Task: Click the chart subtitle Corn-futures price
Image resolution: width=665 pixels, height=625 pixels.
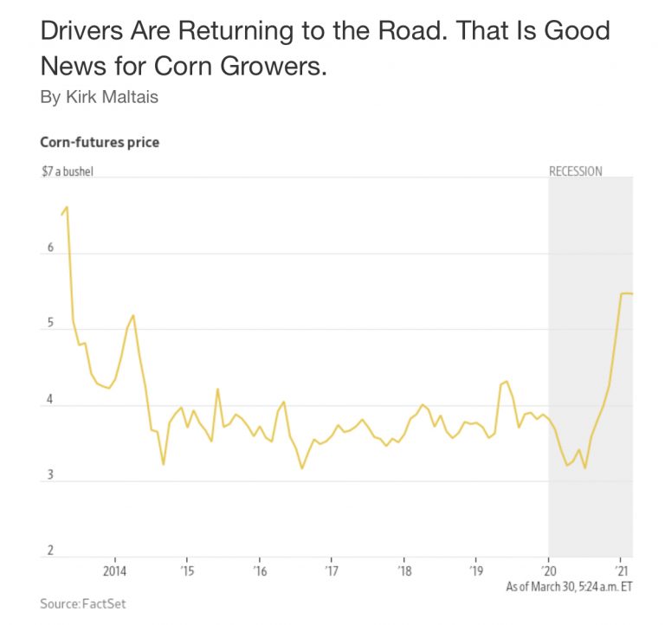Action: coord(100,142)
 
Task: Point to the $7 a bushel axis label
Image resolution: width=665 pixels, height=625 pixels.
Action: coord(67,171)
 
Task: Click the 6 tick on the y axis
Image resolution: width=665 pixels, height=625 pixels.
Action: coord(50,248)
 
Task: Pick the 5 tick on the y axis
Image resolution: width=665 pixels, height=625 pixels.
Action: coord(50,324)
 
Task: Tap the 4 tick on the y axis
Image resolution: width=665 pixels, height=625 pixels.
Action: coord(50,400)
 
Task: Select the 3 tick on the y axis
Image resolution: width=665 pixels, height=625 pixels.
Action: coord(50,475)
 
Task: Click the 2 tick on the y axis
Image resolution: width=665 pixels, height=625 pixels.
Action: coord(50,551)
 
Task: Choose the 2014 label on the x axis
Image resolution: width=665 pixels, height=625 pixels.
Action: coord(115,571)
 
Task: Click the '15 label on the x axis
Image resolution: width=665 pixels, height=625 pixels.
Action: coord(187,571)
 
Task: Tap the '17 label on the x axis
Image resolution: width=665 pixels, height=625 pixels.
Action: coord(332,571)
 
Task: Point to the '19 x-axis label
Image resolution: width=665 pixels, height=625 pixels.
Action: coord(475,571)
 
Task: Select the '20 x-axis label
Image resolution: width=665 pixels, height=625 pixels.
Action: coord(548,571)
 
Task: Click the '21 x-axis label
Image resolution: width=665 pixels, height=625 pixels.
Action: coord(620,571)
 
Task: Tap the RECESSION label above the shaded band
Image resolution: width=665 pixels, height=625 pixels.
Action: coord(576,171)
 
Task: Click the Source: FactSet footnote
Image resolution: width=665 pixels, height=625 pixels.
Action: coord(83,603)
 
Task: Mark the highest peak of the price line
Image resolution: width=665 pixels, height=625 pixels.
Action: coord(67,208)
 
